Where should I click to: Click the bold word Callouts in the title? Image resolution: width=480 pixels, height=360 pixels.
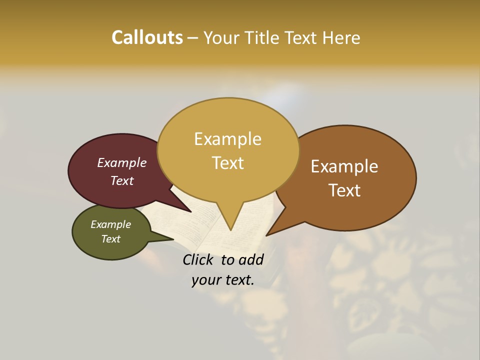tap(147, 37)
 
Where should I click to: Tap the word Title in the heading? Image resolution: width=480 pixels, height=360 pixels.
tap(262, 37)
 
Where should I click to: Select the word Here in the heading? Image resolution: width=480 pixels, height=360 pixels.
tap(341, 37)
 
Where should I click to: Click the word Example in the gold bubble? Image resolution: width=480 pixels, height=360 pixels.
tap(227, 139)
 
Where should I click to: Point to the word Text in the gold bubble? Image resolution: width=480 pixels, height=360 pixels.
tap(227, 163)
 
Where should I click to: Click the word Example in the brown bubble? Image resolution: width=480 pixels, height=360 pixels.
tap(344, 166)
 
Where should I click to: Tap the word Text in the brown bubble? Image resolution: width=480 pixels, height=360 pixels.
tap(344, 190)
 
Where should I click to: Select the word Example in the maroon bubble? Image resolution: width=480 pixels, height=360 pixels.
tap(121, 162)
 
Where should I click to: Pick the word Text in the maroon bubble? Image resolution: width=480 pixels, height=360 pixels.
tap(121, 180)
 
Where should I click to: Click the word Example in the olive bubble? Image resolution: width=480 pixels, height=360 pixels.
tap(110, 224)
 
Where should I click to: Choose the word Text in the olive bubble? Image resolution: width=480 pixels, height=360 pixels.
tap(110, 239)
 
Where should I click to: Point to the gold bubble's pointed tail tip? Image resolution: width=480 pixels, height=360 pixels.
tap(230, 230)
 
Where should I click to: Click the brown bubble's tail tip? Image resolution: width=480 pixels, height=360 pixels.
tap(266, 235)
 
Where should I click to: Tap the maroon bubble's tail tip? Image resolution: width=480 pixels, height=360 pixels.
tap(191, 212)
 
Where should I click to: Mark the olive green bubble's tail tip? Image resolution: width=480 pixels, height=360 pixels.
tap(173, 239)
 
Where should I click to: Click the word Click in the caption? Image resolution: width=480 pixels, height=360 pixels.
tap(198, 259)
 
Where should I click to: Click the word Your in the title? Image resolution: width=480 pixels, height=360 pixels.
tap(222, 37)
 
